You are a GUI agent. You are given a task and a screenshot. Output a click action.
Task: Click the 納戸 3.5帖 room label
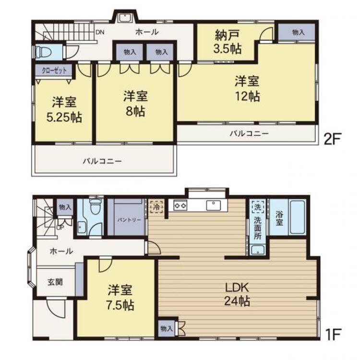[228, 42]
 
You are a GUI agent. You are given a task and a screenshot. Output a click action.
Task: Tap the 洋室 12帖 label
[247, 89]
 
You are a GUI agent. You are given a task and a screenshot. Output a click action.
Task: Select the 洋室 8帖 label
[135, 104]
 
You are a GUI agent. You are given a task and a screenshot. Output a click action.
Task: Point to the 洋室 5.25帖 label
[64, 110]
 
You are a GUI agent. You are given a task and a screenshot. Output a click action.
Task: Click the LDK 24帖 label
[237, 294]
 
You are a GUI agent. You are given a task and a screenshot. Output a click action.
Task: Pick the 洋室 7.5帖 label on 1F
[120, 298]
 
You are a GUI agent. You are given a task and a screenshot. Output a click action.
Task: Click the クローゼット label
[54, 71]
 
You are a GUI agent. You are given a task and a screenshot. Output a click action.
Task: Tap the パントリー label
[129, 220]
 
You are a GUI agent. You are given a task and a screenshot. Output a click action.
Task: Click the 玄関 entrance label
[55, 282]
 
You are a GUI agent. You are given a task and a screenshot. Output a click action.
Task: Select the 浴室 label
[279, 218]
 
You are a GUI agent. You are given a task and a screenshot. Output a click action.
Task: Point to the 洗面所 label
[258, 228]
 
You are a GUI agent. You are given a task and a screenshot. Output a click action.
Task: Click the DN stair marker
[100, 32]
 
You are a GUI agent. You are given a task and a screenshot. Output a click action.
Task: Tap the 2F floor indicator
[331, 138]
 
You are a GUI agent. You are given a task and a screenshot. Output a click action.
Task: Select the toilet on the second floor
[43, 52]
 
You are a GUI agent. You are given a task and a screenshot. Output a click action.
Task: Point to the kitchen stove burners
[180, 205]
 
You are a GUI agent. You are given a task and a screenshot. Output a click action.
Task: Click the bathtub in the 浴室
[298, 217]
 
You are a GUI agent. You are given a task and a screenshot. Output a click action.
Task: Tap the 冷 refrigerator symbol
[156, 206]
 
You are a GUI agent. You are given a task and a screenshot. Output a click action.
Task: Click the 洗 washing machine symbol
[258, 207]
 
